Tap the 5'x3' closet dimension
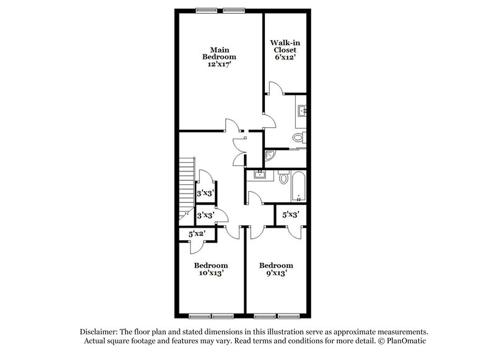coord(291,215)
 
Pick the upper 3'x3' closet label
coord(205,194)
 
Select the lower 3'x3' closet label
coord(205,216)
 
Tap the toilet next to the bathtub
coord(283,178)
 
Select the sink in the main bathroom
coord(301,111)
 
